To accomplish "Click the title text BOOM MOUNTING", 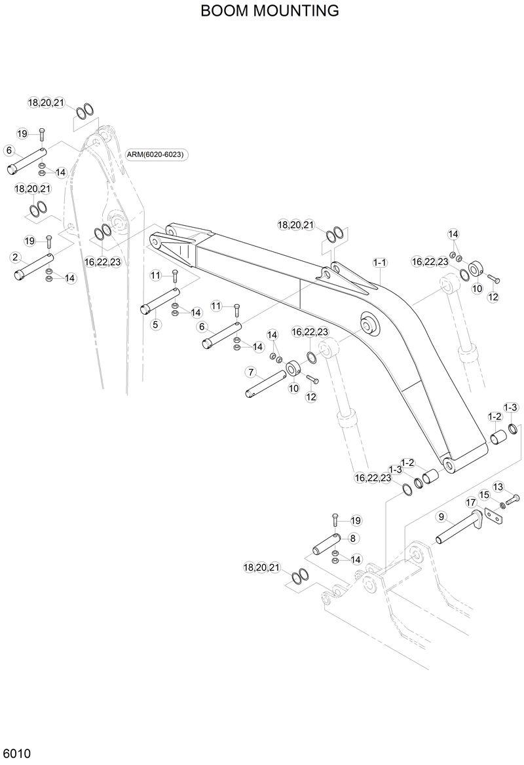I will [270, 10].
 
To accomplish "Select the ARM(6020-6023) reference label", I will [156, 154].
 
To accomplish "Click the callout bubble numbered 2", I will [15, 257].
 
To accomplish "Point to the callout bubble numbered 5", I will [155, 323].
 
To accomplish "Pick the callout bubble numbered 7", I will [250, 372].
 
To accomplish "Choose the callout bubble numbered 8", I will [353, 538].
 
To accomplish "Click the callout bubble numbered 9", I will [441, 517].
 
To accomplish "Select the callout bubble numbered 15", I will [485, 495].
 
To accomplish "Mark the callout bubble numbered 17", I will [470, 502].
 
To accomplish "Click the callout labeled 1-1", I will [380, 262].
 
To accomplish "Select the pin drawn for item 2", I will [34, 268].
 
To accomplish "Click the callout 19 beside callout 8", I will [356, 521].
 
